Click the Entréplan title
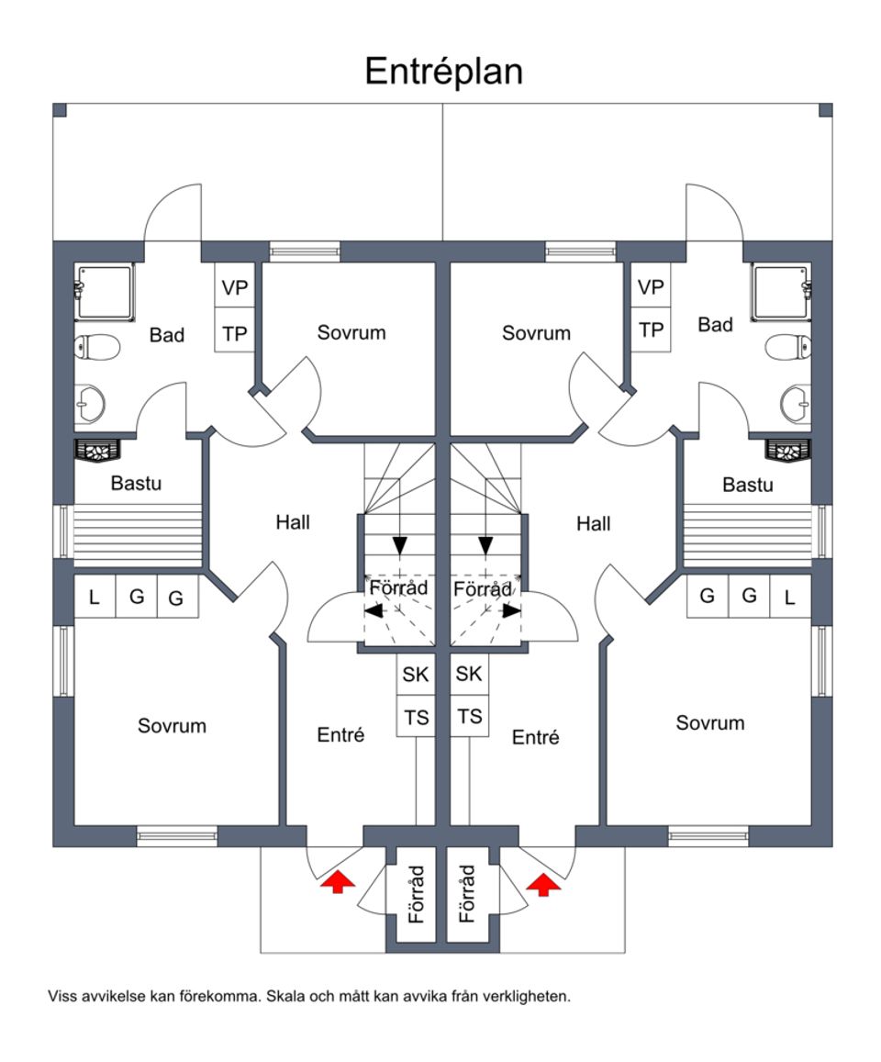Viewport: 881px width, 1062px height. pyautogui.click(x=443, y=71)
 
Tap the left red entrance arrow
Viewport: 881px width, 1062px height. pyautogui.click(x=338, y=882)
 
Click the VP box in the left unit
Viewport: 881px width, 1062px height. pyautogui.click(x=235, y=287)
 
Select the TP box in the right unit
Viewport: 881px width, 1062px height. pyautogui.click(x=651, y=330)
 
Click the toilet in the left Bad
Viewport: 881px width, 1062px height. pyautogui.click(x=96, y=348)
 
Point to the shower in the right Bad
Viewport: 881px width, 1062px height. pyautogui.click(x=780, y=292)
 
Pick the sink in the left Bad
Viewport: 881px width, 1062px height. pyautogui.click(x=91, y=402)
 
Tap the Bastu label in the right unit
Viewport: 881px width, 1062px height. pyautogui.click(x=747, y=485)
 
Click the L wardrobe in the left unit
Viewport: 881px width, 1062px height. pyautogui.click(x=94, y=598)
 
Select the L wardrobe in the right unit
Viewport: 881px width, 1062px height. pyautogui.click(x=789, y=597)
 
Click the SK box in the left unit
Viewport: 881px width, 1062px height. pyautogui.click(x=416, y=675)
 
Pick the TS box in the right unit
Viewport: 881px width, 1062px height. pyautogui.click(x=469, y=717)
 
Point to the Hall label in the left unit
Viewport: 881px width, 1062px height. pyautogui.click(x=293, y=522)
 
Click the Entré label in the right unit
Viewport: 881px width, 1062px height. pyautogui.click(x=535, y=737)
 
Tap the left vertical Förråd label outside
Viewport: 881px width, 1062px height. pyautogui.click(x=417, y=892)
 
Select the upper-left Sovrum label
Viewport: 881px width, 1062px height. pyautogui.click(x=351, y=332)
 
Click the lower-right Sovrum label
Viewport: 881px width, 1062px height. pyautogui.click(x=709, y=723)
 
